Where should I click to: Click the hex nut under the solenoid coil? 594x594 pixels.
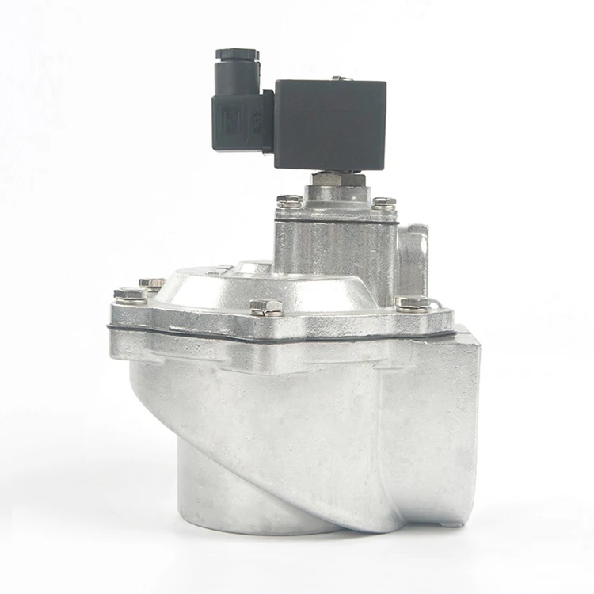click(x=337, y=181)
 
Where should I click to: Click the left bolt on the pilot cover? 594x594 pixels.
click(x=289, y=203)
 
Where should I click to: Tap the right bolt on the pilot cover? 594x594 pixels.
click(x=384, y=204)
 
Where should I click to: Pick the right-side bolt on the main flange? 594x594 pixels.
click(x=413, y=303)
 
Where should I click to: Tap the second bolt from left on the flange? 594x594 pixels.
click(x=152, y=283)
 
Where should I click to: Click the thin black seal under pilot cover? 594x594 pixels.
click(x=337, y=219)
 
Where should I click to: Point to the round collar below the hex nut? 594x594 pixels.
click(x=337, y=194)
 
